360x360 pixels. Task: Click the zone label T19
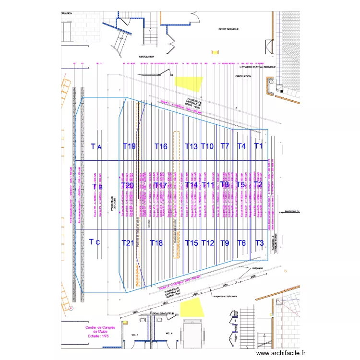(129, 146)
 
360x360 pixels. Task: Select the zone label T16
(161, 146)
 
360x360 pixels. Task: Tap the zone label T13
(191, 146)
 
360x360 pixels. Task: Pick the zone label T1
(258, 146)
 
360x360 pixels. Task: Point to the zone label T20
(127, 186)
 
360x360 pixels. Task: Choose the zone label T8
(224, 185)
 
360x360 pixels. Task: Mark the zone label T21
(128, 243)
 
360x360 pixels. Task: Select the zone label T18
(156, 243)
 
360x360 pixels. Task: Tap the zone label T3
(259, 243)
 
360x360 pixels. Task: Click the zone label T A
(96, 146)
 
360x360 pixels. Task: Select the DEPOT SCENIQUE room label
(229, 29)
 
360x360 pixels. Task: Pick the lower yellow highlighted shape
(191, 307)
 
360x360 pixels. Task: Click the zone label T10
(207, 146)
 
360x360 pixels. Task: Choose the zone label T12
(207, 243)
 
